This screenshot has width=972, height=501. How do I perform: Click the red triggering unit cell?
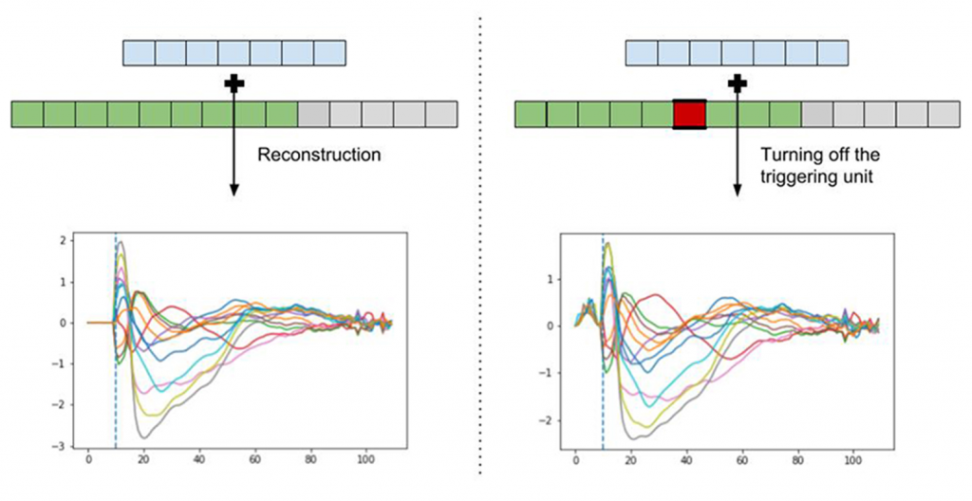pos(689,114)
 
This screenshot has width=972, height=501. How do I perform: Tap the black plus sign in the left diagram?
pos(234,84)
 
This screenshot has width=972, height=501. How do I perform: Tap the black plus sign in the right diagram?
pos(737,84)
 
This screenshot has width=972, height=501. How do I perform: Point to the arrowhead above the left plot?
pos(234,193)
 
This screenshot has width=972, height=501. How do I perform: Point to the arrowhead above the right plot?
pos(737,193)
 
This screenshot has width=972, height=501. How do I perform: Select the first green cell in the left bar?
pos(28,114)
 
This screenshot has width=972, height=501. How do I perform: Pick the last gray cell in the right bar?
pos(944,114)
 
